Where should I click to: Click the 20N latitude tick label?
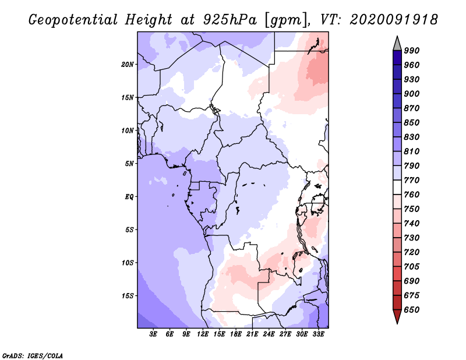coord(128,65)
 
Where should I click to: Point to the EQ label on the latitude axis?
coord(129,197)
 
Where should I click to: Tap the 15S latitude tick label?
coord(128,296)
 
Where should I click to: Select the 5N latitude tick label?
coord(129,164)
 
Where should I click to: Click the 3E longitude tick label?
coord(153,334)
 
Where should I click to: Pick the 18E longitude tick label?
coord(236,334)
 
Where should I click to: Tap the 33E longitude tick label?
coord(318,334)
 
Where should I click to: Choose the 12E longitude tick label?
coord(203,334)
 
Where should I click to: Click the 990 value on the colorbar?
coord(412,51)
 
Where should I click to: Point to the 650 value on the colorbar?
coord(412,310)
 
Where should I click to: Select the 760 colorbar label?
coord(412,195)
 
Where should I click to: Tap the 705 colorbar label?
coord(412,267)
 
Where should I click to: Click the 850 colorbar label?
coord(412,123)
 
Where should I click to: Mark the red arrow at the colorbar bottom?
coord(397,316)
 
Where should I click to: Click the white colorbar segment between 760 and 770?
coord(397,188)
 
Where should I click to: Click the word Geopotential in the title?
coord(73,20)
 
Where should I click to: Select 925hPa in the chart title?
coord(230,20)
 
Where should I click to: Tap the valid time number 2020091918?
coord(394,20)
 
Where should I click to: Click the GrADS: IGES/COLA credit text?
coord(33,356)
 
